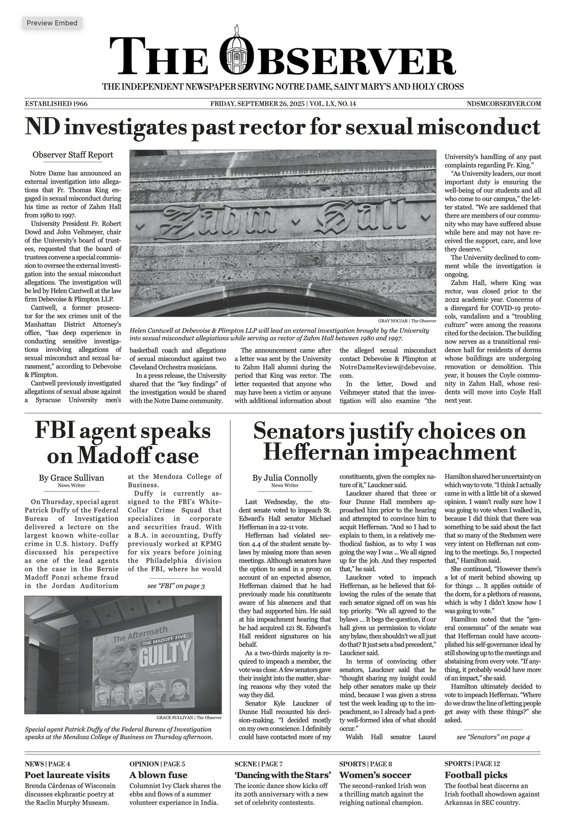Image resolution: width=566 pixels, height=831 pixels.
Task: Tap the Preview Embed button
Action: point(52,23)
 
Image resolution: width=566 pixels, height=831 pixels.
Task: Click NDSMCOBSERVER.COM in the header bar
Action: point(504,103)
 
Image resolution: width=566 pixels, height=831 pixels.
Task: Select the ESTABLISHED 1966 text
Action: point(56,103)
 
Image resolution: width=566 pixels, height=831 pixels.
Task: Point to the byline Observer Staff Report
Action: point(73,155)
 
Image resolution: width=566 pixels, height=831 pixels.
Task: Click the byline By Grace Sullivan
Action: point(71,478)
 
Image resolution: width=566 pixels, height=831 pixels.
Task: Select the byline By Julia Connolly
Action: point(285,478)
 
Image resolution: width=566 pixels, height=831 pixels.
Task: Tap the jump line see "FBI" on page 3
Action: point(176,586)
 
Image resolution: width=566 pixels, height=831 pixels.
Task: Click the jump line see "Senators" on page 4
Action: point(493,737)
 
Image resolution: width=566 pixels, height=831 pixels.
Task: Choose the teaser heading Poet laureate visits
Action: point(67,775)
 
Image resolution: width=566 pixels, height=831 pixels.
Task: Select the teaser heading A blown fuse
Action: point(158,775)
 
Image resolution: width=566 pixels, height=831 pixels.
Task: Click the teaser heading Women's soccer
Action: point(375,775)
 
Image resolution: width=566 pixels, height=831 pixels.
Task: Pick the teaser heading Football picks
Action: point(476,775)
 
